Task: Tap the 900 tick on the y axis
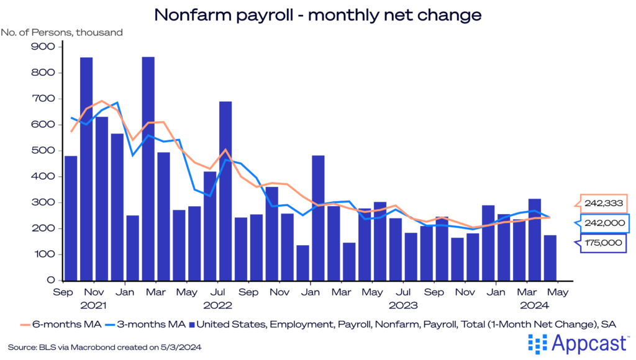tap(47, 47)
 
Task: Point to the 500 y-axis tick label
tap(47, 151)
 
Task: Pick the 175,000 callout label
tap(602, 243)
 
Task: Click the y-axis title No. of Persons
tap(62, 32)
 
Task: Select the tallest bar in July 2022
tap(225, 191)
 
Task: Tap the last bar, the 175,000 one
tap(550, 258)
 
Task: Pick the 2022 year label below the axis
tap(218, 305)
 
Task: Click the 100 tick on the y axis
tap(47, 254)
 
